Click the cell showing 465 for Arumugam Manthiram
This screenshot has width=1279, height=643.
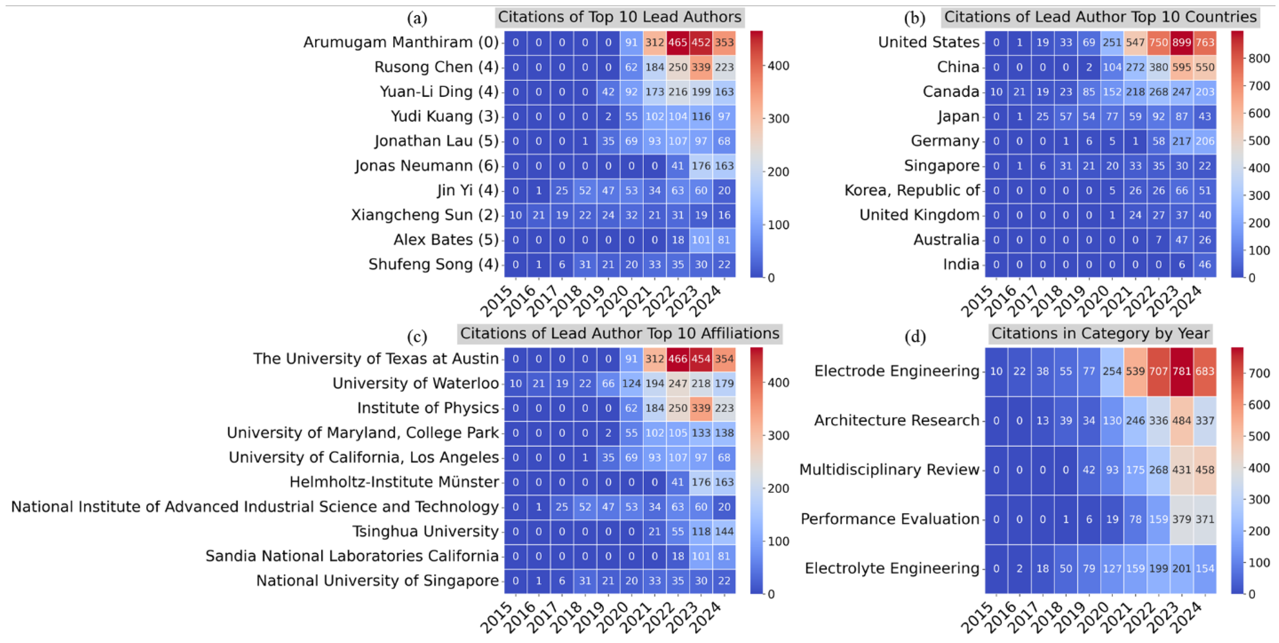pyautogui.click(x=677, y=43)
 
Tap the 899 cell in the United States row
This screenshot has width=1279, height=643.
pyautogui.click(x=1182, y=43)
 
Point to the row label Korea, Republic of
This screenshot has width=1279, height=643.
pyautogui.click(x=912, y=190)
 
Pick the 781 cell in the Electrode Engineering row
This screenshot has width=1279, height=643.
pyautogui.click(x=1182, y=371)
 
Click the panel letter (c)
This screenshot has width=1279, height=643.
pyautogui.click(x=417, y=337)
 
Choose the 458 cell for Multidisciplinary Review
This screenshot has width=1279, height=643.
pyautogui.click(x=1205, y=470)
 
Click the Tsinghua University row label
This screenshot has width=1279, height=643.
pyautogui.click(x=425, y=531)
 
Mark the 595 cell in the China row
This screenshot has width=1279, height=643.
pyautogui.click(x=1182, y=67)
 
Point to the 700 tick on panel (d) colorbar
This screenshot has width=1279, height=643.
pyautogui.click(x=1259, y=373)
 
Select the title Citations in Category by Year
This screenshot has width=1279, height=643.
pyautogui.click(x=1100, y=333)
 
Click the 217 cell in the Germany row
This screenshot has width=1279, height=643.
pyautogui.click(x=1182, y=141)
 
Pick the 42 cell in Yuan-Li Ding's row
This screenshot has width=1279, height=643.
pyautogui.click(x=608, y=92)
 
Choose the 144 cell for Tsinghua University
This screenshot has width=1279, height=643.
pyautogui.click(x=724, y=532)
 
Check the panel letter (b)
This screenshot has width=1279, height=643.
pyautogui.click(x=915, y=19)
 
